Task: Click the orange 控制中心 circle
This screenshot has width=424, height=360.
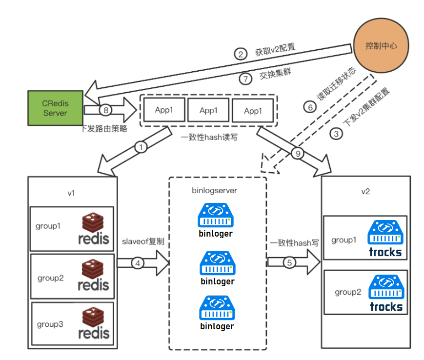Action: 381,46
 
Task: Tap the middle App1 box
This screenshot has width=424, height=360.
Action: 208,110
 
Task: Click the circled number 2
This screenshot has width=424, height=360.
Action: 240,54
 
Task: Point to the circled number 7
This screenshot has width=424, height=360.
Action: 245,78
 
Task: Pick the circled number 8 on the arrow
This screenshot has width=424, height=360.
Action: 105,110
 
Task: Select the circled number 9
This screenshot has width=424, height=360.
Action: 298,153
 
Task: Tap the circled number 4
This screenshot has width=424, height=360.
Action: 139,263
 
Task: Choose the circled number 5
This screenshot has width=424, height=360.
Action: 289,263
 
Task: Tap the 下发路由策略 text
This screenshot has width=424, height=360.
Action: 103,129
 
